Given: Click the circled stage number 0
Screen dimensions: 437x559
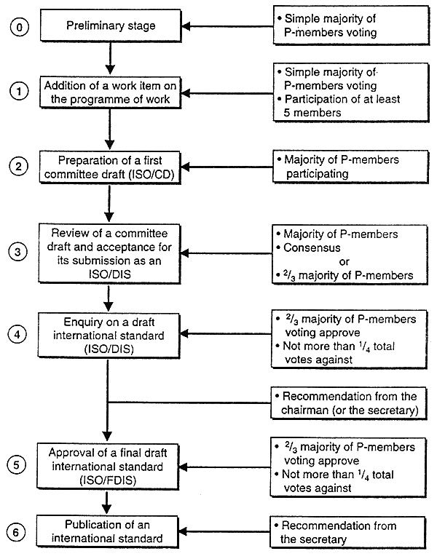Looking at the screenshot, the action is click(19, 27).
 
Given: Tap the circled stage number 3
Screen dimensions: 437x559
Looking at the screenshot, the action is click(17, 252).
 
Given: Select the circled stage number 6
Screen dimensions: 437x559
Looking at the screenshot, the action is click(16, 533).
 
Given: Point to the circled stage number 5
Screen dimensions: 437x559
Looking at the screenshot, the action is click(17, 465).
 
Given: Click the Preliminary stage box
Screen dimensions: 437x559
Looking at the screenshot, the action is click(111, 25).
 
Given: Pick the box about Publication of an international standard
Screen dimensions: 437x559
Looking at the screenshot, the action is click(107, 531).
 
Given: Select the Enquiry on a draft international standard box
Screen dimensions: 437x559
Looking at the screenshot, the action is click(109, 335).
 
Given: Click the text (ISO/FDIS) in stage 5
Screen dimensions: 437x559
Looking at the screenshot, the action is click(108, 480).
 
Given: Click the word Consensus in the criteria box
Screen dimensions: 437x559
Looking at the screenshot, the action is click(312, 247).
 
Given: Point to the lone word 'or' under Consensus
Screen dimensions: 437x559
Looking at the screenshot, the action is click(345, 262).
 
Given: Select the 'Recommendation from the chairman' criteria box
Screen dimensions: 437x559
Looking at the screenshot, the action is click(349, 403).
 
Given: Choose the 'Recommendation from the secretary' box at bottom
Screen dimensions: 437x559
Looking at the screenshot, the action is click(348, 532).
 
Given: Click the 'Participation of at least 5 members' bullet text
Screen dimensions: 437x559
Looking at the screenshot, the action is click(342, 106).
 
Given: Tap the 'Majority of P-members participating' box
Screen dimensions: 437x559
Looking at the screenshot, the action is click(350, 167).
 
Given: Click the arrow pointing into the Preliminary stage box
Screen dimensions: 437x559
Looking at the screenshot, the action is click(227, 26).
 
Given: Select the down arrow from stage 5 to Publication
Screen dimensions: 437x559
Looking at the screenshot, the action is click(106, 502).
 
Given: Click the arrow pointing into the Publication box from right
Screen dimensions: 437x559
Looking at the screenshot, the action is click(224, 532).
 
